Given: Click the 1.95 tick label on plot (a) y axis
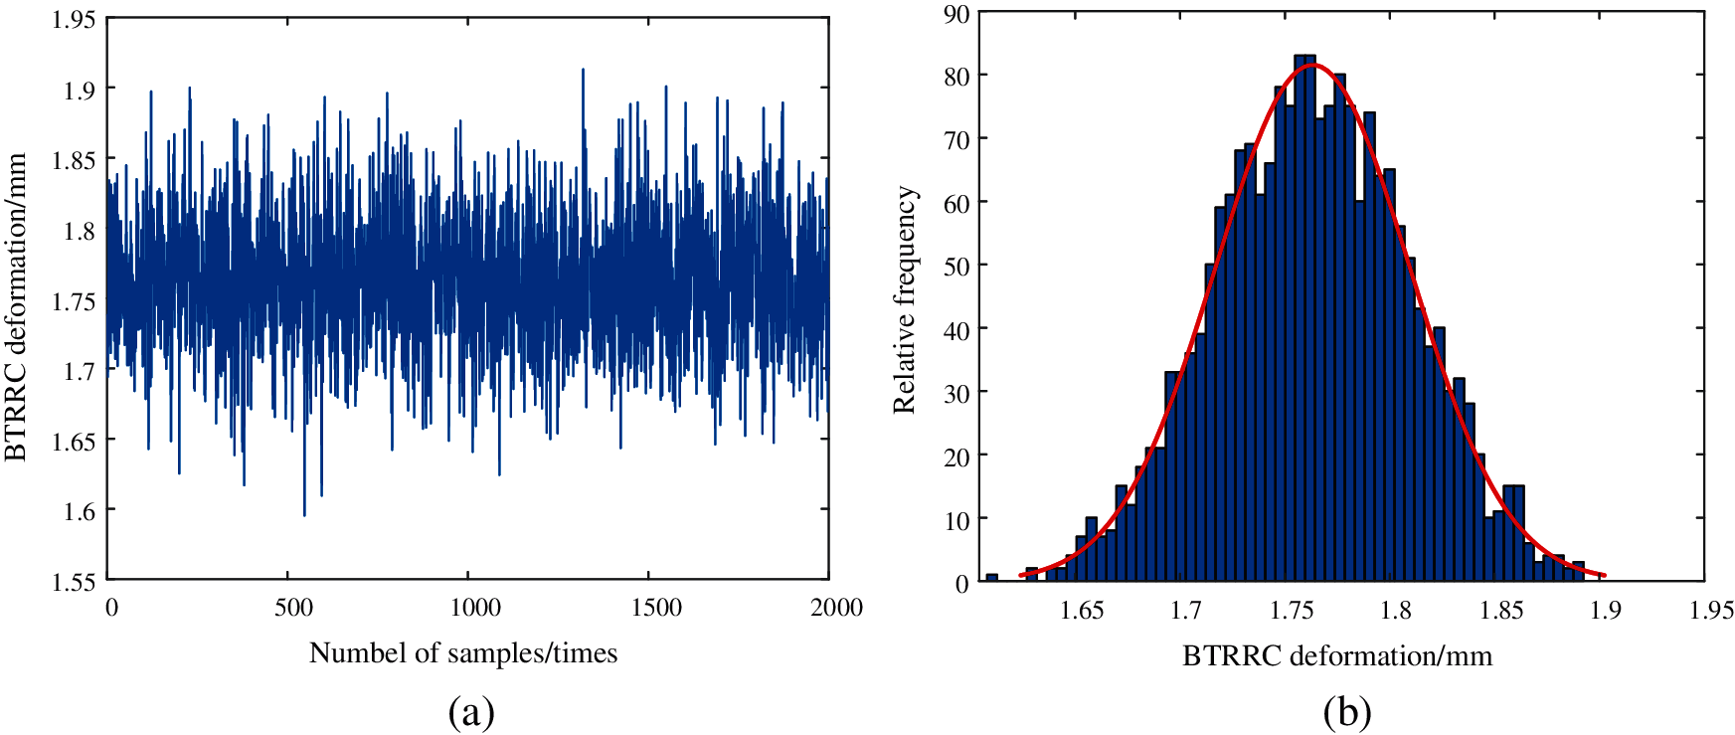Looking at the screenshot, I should click(x=74, y=19).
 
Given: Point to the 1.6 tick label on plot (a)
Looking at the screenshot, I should click(x=80, y=511).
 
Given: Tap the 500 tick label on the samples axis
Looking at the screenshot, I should click(x=293, y=608).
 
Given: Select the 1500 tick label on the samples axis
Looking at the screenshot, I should click(x=656, y=608).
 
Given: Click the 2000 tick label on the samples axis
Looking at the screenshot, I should click(x=836, y=608).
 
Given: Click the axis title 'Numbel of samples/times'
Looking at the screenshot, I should click(x=463, y=653).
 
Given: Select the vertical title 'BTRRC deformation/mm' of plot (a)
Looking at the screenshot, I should click(x=16, y=307).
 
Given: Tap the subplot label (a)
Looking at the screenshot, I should click(x=471, y=712).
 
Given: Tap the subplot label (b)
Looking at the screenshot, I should click(x=1347, y=712).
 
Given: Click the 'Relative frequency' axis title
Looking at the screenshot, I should click(x=904, y=299).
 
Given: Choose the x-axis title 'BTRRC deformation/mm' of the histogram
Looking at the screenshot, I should click(x=1337, y=656).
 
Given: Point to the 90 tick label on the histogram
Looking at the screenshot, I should click(x=957, y=13).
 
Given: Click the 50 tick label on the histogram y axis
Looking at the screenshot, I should click(x=957, y=266).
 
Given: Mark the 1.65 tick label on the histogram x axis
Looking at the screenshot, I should click(x=1082, y=611).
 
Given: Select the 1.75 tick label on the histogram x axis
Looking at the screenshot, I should click(x=1292, y=611).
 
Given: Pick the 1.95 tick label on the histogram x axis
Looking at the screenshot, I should click(x=1711, y=611).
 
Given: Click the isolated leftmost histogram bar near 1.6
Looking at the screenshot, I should click(x=991, y=577).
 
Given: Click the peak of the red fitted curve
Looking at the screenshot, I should click(x=1312, y=66).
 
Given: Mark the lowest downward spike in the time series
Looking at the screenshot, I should click(x=304, y=514).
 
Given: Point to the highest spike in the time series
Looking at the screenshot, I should click(x=583, y=70).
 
